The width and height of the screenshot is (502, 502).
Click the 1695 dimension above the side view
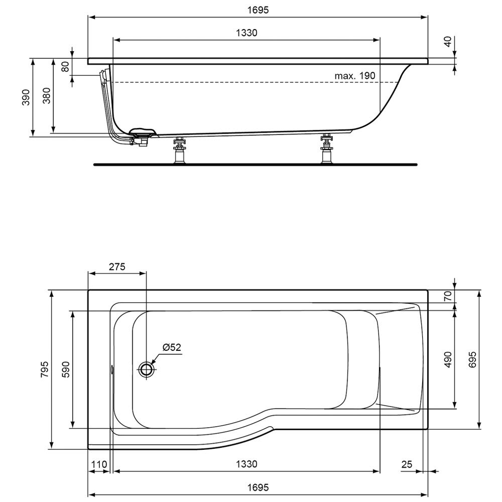click(258, 10)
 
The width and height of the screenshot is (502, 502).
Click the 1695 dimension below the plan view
click(258, 487)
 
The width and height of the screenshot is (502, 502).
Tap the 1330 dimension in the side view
click(246, 33)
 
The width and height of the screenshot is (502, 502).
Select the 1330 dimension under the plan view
click(246, 464)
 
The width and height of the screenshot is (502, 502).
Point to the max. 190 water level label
click(355, 76)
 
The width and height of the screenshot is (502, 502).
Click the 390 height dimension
click(26, 97)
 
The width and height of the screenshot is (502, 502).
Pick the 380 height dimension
click(47, 95)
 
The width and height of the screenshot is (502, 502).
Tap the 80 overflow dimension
click(65, 67)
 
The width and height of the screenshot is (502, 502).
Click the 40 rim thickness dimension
click(448, 41)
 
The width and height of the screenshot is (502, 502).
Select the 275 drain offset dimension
click(117, 267)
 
